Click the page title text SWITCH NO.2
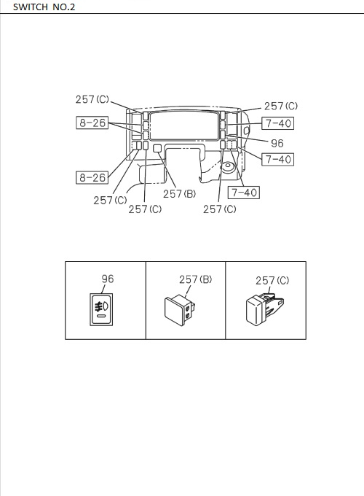tap(44, 7)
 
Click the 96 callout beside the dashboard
tap(277, 144)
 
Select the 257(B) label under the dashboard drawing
tap(179, 194)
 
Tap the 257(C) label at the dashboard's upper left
tap(93, 99)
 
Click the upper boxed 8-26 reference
tap(92, 123)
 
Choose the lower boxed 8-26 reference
tap(92, 177)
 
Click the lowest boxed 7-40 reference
tap(243, 193)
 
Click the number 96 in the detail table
tap(107, 279)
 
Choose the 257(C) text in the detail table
tap(272, 280)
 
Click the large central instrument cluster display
tap(185, 125)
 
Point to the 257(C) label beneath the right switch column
tap(220, 209)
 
